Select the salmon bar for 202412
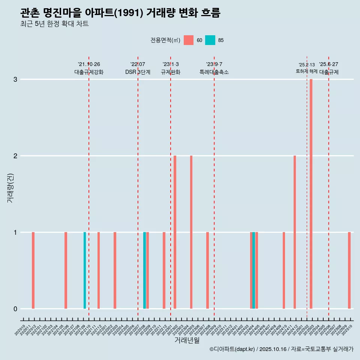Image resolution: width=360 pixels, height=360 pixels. coord(295,232)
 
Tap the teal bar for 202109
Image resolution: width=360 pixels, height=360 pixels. coord(85,270)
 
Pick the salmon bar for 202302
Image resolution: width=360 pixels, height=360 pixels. coord(175,232)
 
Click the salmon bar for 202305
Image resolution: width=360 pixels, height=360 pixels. coord(191,232)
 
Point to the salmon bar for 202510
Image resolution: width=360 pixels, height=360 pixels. coord(349,270)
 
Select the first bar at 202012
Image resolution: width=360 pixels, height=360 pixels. coord(33,270)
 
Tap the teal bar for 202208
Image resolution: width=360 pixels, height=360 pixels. coord(145,270)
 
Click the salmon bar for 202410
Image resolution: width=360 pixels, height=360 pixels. coord(284,270)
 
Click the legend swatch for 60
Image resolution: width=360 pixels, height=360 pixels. coord(189,40)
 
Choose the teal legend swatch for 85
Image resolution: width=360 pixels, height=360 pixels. coord(210,40)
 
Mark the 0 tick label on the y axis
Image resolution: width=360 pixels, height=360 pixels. coord(15,309)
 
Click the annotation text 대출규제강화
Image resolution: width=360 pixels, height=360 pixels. coord(89,72)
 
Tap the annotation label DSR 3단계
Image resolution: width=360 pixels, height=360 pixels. coord(138,72)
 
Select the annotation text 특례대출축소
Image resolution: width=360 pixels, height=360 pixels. coord(214,72)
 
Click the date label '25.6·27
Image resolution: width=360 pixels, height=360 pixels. coord(328,64)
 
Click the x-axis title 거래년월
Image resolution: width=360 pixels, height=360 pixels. coord(187,340)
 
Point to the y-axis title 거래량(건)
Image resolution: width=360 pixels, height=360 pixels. coord(10,187)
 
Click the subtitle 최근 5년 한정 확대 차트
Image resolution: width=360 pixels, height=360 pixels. coord(54,24)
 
